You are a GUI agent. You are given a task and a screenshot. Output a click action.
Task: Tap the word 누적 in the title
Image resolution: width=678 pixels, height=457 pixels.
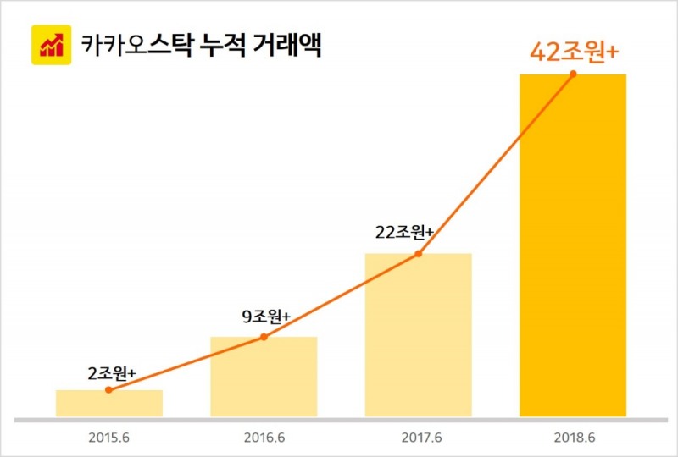[212, 45]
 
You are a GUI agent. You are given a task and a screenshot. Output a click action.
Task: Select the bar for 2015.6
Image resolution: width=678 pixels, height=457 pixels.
[109, 404]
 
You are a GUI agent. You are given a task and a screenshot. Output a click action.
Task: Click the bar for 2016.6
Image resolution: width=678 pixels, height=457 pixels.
[264, 377]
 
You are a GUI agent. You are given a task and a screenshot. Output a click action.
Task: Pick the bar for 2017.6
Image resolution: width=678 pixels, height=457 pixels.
[418, 335]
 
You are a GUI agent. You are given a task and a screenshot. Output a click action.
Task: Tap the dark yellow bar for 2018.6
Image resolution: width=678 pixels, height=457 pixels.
[572, 245]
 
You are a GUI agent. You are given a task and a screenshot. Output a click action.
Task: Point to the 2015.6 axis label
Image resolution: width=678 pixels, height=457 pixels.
[109, 439]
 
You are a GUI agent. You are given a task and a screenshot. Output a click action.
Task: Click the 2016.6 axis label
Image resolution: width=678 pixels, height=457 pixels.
[264, 439]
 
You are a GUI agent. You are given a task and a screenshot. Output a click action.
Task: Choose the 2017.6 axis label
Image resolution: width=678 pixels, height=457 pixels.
[418, 439]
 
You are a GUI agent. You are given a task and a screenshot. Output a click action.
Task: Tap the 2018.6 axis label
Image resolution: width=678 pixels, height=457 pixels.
[572, 439]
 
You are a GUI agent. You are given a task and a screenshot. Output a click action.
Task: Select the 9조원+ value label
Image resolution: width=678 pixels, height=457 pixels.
[266, 317]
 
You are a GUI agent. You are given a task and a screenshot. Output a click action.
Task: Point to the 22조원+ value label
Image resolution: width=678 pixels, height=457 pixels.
[404, 233]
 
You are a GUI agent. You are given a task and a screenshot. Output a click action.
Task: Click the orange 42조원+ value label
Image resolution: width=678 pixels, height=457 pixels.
[574, 52]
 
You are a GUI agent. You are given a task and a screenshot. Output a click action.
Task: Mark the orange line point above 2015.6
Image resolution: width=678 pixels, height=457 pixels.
[109, 390]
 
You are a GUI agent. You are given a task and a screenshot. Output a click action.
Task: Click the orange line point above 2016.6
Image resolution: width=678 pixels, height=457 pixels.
[264, 337]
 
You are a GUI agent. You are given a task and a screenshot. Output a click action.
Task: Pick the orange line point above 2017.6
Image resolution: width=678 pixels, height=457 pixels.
[418, 254]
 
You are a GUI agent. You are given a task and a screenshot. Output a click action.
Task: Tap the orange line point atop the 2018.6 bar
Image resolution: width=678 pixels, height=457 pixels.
[573, 74]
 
